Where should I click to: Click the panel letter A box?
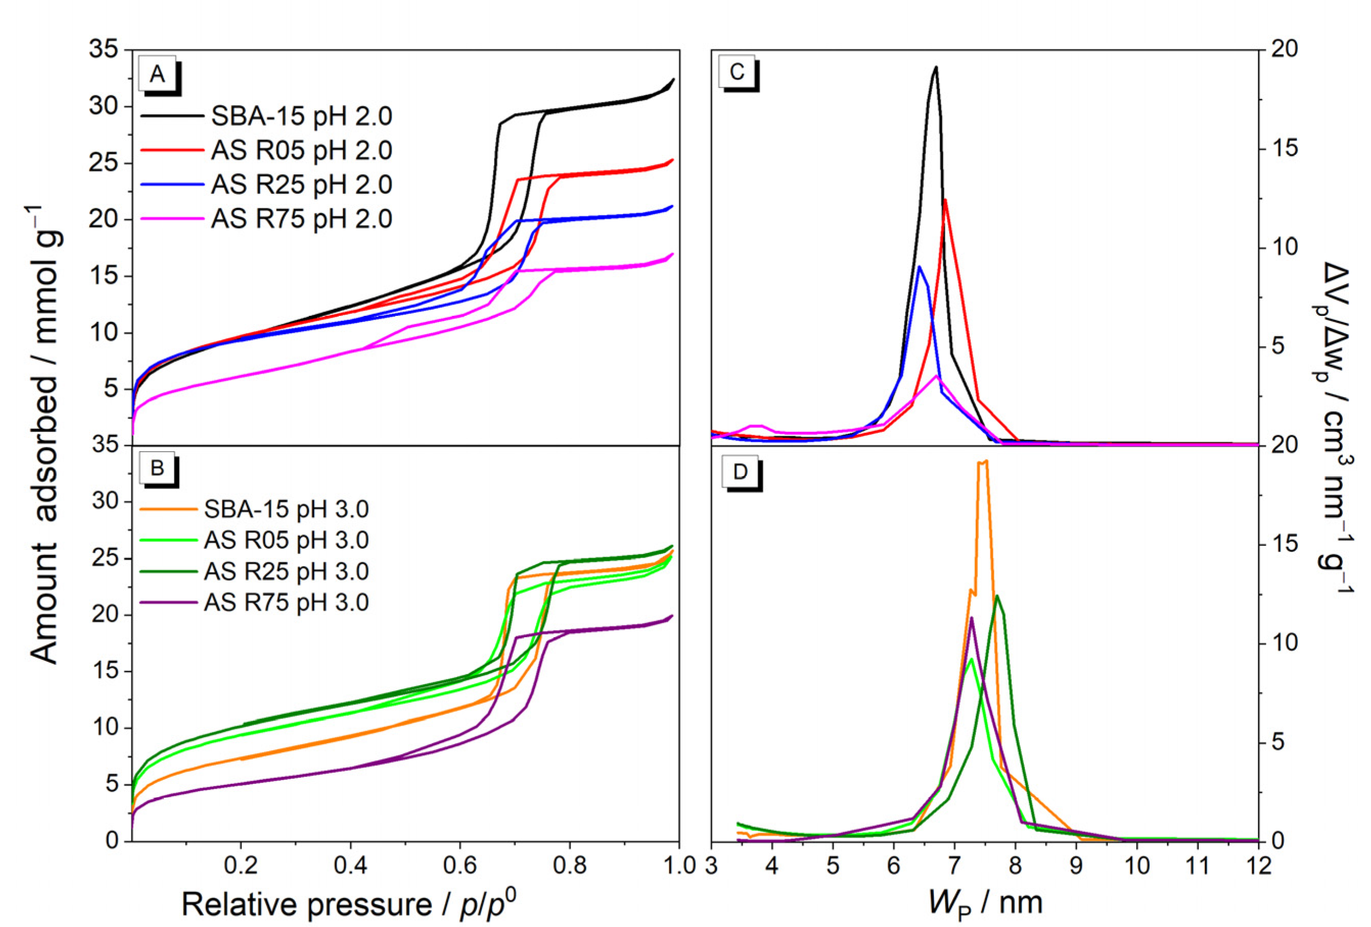click(x=157, y=74)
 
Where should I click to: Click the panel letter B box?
click(x=157, y=468)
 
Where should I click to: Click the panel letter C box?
click(x=737, y=72)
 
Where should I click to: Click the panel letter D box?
click(x=740, y=472)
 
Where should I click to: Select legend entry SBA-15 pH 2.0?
click(x=301, y=116)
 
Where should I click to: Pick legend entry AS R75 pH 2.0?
click(x=301, y=219)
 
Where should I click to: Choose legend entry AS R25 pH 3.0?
click(x=286, y=571)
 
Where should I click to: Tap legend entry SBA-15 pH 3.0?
click(x=286, y=509)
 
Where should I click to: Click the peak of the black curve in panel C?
click(x=935, y=67)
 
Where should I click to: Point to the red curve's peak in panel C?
click(x=945, y=200)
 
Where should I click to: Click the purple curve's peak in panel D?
click(x=972, y=617)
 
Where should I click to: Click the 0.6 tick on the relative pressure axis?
click(x=460, y=865)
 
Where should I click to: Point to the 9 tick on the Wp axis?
click(x=1076, y=865)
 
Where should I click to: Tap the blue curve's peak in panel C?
click(x=919, y=267)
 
